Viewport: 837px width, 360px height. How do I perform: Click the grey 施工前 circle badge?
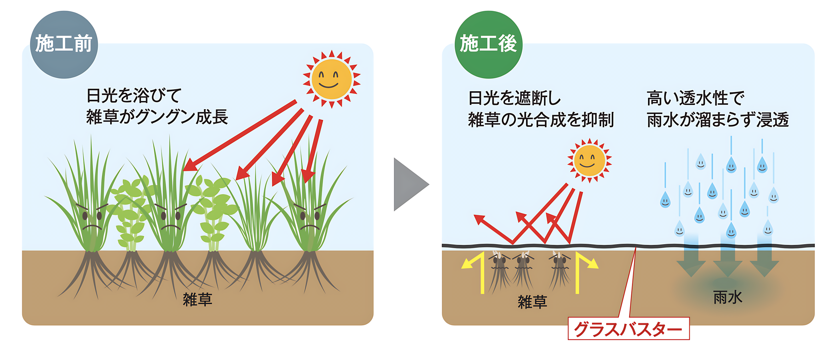[x=64, y=44]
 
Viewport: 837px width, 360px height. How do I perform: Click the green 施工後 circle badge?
[x=488, y=44]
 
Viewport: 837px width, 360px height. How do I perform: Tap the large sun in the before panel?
[x=331, y=79]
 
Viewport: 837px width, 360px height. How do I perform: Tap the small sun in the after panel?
[x=589, y=161]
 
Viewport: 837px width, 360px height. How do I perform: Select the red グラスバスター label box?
[x=628, y=328]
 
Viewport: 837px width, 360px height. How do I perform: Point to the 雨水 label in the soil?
[x=727, y=297]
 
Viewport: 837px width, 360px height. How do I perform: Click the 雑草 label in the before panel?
[x=197, y=299]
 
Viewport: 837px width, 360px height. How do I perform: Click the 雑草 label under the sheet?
[x=532, y=301]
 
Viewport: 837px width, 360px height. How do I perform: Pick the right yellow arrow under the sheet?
[x=583, y=271]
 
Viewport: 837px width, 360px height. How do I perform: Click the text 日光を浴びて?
[x=134, y=95]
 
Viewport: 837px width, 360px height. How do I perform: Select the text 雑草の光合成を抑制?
[x=541, y=119]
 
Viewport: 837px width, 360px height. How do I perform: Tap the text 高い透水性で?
[x=695, y=98]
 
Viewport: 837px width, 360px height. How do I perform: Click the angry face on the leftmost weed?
[x=92, y=217]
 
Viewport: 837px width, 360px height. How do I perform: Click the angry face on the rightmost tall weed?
[x=310, y=217]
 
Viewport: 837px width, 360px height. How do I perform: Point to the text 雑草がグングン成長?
[x=157, y=117]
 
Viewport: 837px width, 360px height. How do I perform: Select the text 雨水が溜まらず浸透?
[x=718, y=119]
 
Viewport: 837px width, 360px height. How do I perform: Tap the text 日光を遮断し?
[x=514, y=98]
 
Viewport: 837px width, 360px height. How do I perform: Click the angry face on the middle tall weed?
[x=170, y=217]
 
